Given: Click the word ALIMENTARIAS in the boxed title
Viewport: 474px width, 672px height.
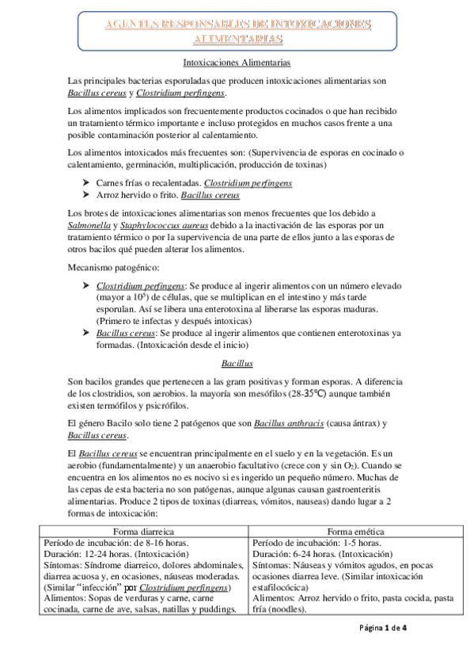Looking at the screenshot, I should (x=237, y=39).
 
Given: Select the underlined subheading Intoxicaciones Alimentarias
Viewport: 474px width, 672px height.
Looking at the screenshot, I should (x=237, y=61).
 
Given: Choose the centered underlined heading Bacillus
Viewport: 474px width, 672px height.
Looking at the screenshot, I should (x=237, y=364).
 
